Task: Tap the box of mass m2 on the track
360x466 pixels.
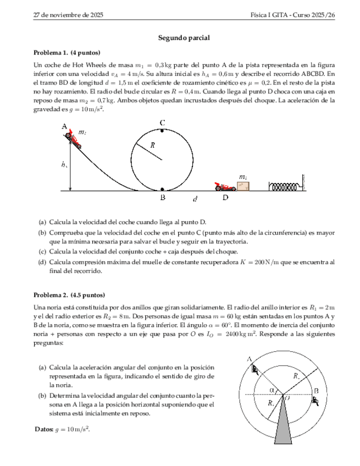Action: click(242, 185)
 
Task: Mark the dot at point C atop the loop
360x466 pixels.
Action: click(162, 131)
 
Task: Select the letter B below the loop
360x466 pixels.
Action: click(163, 198)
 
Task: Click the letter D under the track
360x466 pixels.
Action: click(225, 198)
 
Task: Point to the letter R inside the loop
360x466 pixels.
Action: click(153, 145)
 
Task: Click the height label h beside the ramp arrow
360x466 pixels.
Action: click(65, 164)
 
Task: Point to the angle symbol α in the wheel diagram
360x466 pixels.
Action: click(272, 390)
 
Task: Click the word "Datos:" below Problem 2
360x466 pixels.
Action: click(44, 429)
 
